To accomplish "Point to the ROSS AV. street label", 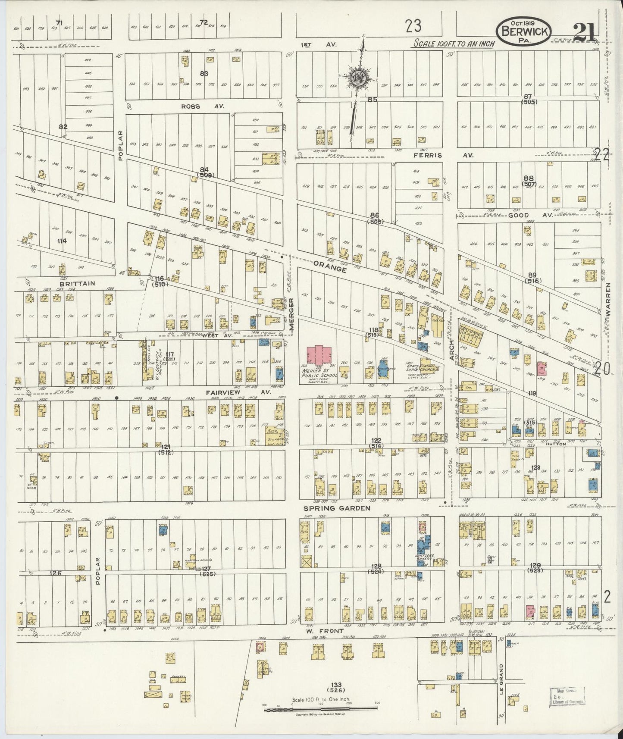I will [x=203, y=106].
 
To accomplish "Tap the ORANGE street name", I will [x=330, y=266].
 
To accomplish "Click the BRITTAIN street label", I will [x=78, y=283].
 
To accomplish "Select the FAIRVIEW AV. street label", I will [x=238, y=392].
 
